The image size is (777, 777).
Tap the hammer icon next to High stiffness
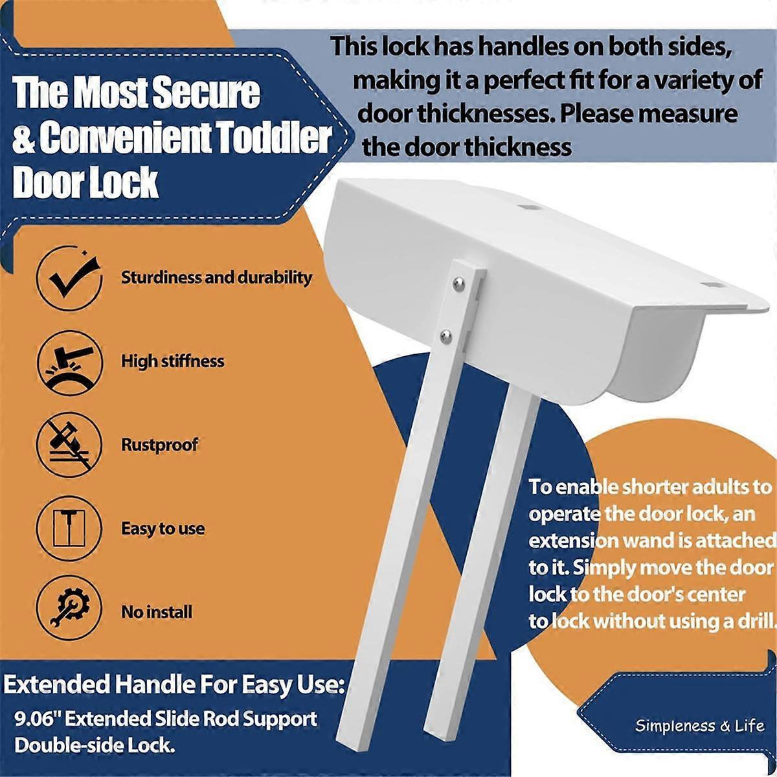click(x=69, y=362)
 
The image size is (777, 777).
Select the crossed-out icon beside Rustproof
click(x=69, y=445)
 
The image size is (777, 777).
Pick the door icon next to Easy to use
click(x=69, y=528)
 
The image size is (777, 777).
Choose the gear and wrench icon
click(x=69, y=607)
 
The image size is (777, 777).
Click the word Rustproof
click(x=159, y=445)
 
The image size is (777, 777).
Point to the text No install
click(x=157, y=612)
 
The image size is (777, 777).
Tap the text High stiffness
click(x=173, y=361)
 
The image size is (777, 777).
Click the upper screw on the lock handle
click(x=459, y=283)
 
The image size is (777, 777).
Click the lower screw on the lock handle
click(x=446, y=335)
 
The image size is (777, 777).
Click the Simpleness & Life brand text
click(x=699, y=726)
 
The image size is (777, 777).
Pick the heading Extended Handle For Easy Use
click(x=174, y=684)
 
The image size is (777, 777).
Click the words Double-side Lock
click(x=95, y=745)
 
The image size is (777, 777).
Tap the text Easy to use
click(x=163, y=528)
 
